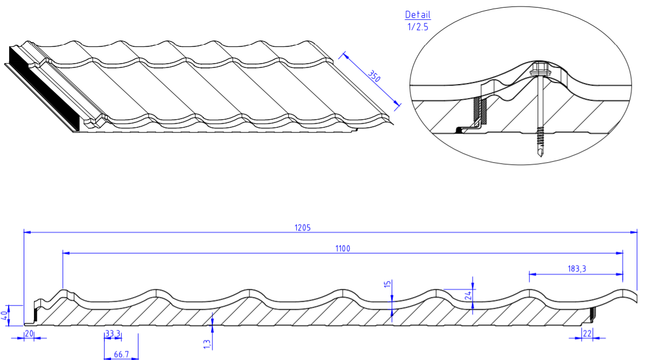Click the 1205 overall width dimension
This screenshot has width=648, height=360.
[302, 228]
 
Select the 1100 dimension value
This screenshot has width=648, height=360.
[343, 248]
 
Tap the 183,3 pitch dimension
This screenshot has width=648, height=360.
[577, 269]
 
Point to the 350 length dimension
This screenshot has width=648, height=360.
[374, 77]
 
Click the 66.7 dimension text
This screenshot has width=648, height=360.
[121, 355]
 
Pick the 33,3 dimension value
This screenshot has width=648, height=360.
[113, 334]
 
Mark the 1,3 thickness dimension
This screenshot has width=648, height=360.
[207, 344]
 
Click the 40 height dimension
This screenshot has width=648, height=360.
[4, 315]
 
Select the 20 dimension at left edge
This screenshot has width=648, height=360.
[29, 334]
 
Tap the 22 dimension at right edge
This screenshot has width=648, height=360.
[587, 334]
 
